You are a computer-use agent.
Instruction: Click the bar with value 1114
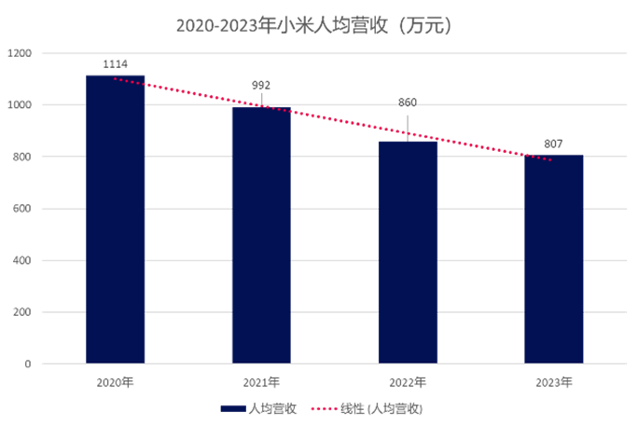tap(116, 219)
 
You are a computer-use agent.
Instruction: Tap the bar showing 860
tap(408, 252)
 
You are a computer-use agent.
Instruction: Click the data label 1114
tap(115, 63)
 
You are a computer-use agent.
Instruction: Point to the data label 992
tap(261, 85)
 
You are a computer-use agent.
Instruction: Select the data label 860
tap(408, 103)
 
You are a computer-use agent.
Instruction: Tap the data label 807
tap(553, 144)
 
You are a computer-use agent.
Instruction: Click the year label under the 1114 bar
tap(115, 381)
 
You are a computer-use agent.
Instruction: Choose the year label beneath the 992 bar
tap(261, 381)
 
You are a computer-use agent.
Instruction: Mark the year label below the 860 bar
tap(408, 381)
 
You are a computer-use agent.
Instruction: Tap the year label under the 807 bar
tap(553, 381)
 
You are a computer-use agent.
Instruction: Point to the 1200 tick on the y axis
tap(21, 54)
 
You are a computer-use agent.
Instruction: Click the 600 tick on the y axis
tap(22, 209)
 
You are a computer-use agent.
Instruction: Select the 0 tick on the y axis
tap(28, 363)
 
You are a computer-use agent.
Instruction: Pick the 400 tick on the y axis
tap(22, 261)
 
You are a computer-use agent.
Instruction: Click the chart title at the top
tap(315, 26)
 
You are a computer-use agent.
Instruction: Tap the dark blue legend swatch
tap(232, 408)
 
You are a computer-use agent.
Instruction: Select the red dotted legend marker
tap(322, 408)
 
